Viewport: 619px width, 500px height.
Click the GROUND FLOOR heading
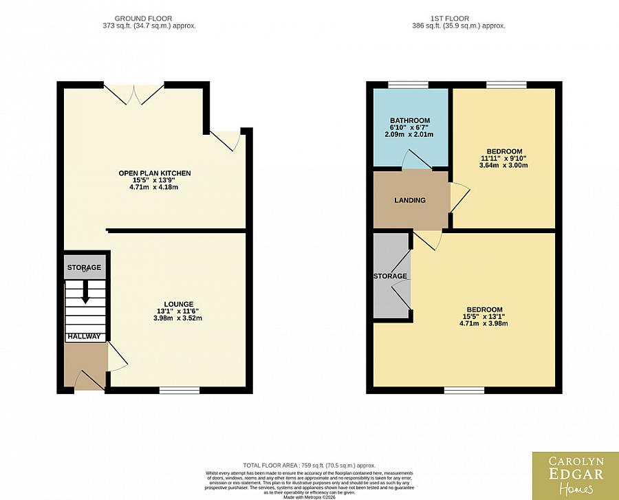tap(143, 18)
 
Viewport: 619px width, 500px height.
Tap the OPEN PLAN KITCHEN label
tap(155, 173)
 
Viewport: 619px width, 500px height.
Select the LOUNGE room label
tap(178, 304)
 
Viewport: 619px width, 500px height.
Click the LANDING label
tap(409, 200)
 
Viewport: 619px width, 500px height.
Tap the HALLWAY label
tap(84, 337)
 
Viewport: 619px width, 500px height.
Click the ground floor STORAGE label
tap(84, 268)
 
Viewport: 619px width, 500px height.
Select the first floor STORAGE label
tap(390, 276)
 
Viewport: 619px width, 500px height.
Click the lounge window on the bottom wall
tap(180, 390)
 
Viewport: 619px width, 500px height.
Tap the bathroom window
tap(408, 85)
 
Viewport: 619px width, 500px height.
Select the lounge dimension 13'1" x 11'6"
tap(178, 311)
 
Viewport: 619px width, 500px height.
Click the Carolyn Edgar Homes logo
tap(575, 475)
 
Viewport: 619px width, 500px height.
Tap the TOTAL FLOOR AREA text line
tap(309, 466)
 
